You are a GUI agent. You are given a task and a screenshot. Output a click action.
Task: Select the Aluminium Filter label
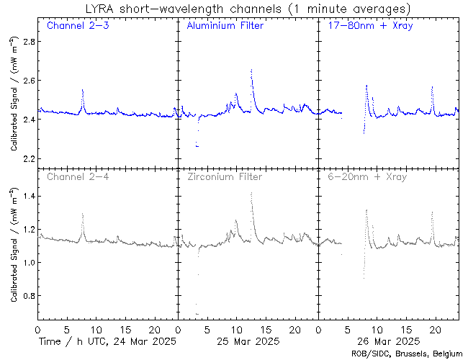click(225, 26)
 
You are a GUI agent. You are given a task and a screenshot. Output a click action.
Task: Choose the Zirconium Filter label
click(225, 176)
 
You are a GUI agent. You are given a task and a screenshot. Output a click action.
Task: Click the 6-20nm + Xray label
click(366, 176)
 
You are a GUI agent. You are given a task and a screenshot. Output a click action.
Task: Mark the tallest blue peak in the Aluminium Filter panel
click(251, 70)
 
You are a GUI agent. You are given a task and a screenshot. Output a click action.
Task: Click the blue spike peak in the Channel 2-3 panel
click(83, 90)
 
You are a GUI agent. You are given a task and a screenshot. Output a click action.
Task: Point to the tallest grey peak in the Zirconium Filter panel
click(251, 192)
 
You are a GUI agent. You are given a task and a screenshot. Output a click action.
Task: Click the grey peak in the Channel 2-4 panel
click(83, 214)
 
